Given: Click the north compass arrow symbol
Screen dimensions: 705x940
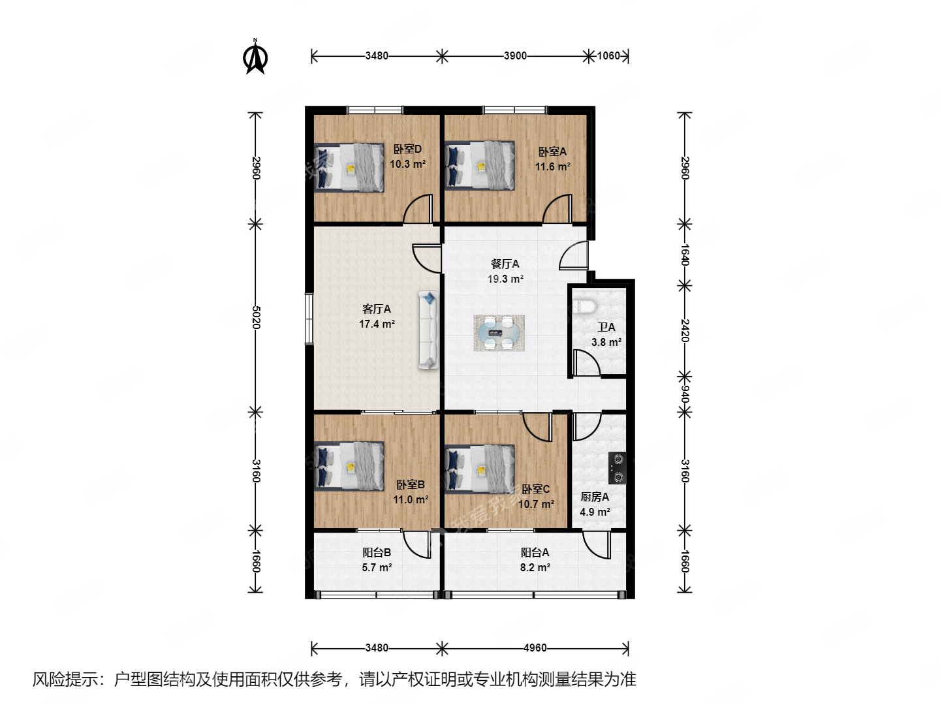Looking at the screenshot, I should (x=255, y=57).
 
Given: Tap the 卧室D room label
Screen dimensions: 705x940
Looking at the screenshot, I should (x=407, y=149).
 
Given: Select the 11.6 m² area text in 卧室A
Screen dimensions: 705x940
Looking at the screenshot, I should (x=552, y=166).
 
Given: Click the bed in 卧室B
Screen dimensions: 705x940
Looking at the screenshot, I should (x=349, y=466).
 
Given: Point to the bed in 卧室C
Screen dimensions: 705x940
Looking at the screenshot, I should (x=480, y=469).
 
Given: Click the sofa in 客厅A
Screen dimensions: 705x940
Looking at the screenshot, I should (x=428, y=330).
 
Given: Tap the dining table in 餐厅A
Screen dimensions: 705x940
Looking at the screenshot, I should (x=499, y=333).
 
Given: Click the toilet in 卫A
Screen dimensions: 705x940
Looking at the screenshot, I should (x=583, y=306).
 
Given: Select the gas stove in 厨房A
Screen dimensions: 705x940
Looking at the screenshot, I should (x=617, y=468).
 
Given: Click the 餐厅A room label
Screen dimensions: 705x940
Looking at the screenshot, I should (x=505, y=264).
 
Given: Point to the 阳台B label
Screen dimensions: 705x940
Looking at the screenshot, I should (x=377, y=552).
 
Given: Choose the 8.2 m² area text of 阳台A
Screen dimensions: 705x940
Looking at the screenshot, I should (x=535, y=567).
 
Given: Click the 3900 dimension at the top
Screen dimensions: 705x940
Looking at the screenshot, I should (x=515, y=55).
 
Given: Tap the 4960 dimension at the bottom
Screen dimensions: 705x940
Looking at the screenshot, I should (x=535, y=648).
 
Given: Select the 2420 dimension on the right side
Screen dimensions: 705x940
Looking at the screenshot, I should (x=684, y=330).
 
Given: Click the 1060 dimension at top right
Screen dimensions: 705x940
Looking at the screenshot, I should (x=608, y=55).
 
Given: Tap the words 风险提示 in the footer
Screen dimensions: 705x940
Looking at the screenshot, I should (x=65, y=680).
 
